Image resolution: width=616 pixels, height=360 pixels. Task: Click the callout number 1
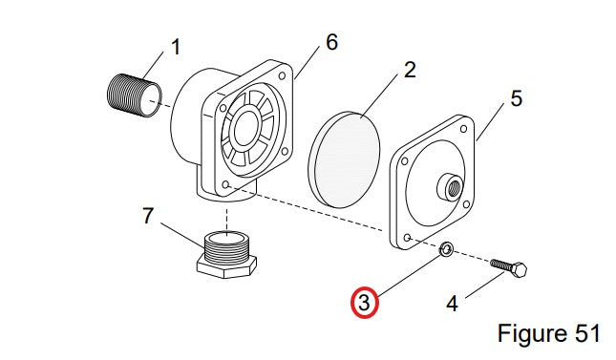pos(176,47)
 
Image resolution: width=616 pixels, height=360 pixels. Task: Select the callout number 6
pos(332,42)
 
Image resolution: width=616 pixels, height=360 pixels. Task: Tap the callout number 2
pos(410,70)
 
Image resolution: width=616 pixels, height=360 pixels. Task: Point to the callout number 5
pos(517,98)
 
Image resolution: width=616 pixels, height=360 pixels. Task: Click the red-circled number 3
pos(365,303)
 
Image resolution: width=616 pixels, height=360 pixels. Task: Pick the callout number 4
pos(452,304)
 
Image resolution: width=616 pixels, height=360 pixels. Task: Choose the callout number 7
pos(147,216)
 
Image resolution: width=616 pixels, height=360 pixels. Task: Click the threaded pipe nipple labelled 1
pos(134,95)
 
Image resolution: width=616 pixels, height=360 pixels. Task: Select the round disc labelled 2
pos(344,159)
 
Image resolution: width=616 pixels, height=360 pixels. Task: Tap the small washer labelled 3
pos(446,249)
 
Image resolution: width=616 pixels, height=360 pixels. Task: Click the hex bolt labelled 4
pos(509,268)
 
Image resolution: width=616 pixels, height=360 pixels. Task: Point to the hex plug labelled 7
pos(226,255)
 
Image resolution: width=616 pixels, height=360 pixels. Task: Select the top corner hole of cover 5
pos(463,129)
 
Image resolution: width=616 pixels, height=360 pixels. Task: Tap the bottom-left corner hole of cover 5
pos(408,238)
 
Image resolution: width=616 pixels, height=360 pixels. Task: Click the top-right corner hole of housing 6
pos(282,75)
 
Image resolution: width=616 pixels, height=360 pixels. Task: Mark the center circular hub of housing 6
pos(246,129)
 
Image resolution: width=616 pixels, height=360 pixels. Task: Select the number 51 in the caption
pos(587,333)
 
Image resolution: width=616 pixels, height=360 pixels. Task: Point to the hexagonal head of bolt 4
pos(520,269)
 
